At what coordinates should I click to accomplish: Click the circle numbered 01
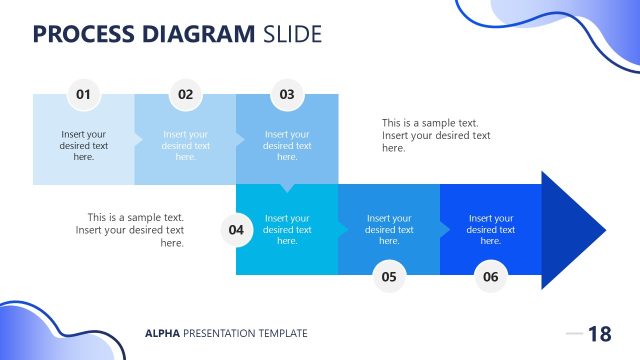point(83,95)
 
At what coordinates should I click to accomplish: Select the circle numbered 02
point(185,95)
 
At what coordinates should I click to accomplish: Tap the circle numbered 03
point(287,95)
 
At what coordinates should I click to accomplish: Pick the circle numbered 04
point(236,230)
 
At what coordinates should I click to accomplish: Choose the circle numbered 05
point(389,277)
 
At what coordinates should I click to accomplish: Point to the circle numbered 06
point(490,277)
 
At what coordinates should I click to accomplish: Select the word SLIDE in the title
point(292,34)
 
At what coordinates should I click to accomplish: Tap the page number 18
point(599,334)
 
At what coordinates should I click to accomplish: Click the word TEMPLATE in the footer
point(280,333)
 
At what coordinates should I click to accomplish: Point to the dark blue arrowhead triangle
point(570,230)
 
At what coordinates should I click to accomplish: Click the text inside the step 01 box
point(84,145)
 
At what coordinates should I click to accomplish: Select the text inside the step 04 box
point(287,229)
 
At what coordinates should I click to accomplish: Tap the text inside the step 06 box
point(490,229)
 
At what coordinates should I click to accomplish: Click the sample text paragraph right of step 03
point(436,135)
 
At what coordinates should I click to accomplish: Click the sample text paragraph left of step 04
point(130,229)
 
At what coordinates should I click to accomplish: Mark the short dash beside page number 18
point(574,333)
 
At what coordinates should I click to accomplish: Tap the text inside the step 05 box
point(389,229)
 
